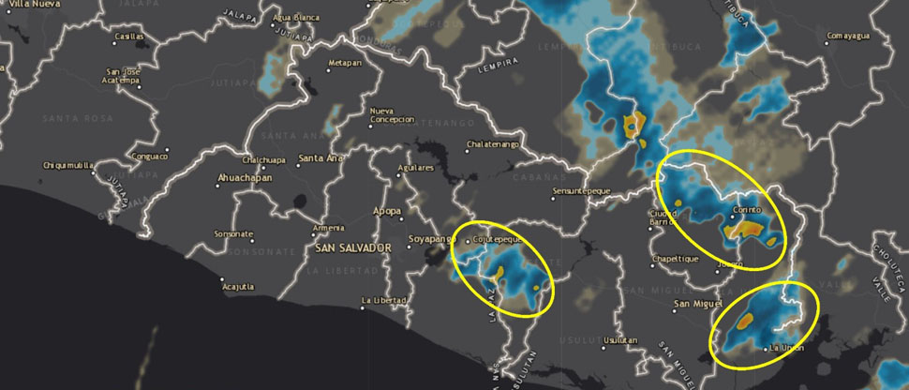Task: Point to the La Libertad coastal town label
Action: point(383,300)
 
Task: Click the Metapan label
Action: point(343,63)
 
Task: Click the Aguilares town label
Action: point(416,168)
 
